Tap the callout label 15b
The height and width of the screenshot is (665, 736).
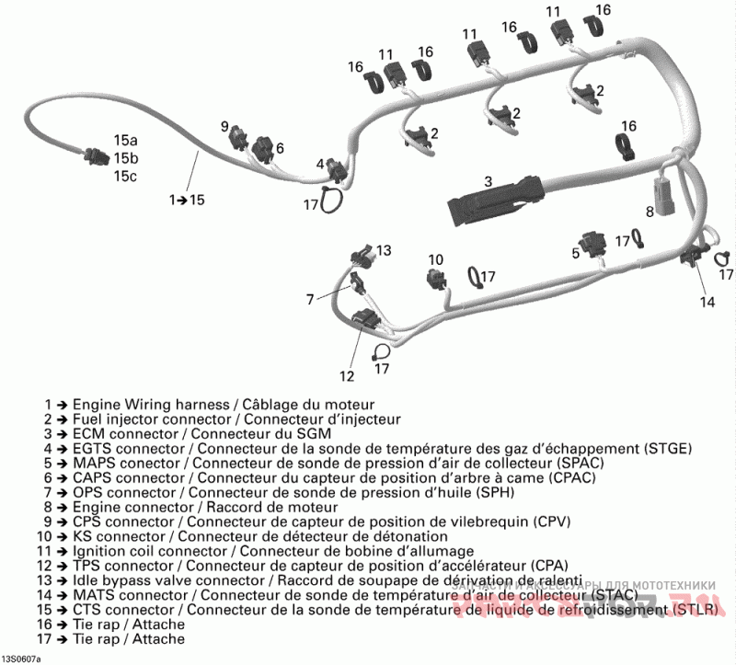pos(126,158)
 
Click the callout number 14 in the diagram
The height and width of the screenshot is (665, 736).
pos(706,301)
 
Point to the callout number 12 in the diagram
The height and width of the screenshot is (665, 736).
pos(346,375)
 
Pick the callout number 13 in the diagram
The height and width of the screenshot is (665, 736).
pos(384,250)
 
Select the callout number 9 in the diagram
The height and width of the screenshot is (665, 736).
pos(224,126)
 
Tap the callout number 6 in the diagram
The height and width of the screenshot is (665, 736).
pos(280,148)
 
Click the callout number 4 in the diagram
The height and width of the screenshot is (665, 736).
pos(321,164)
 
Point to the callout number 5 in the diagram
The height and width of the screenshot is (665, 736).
pos(575,251)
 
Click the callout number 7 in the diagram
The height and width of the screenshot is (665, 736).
pos(310,298)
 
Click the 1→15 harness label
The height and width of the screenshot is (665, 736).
pos(187,199)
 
